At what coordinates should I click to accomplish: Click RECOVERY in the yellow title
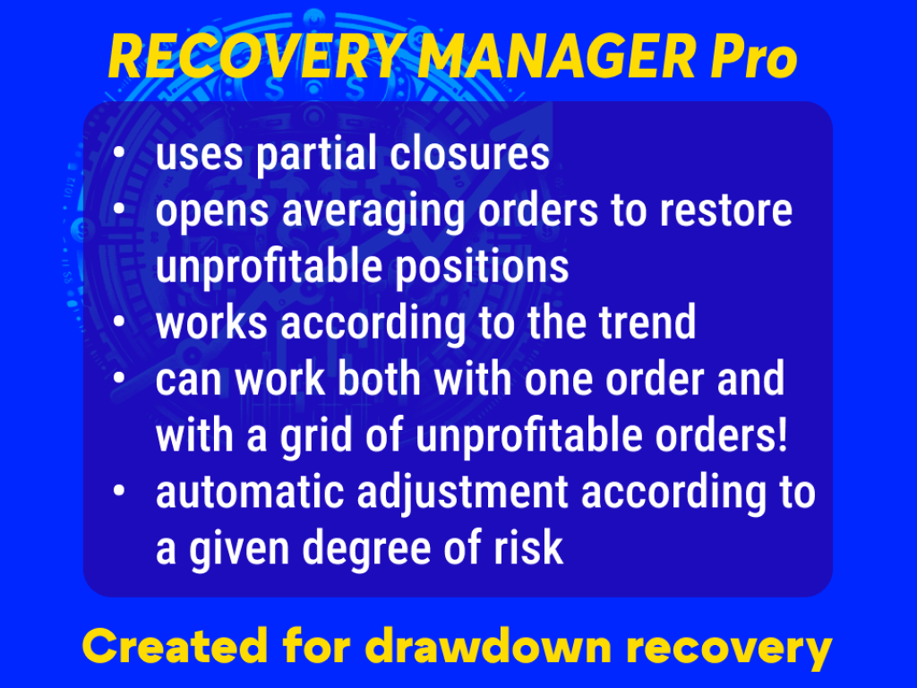pos(254,59)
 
